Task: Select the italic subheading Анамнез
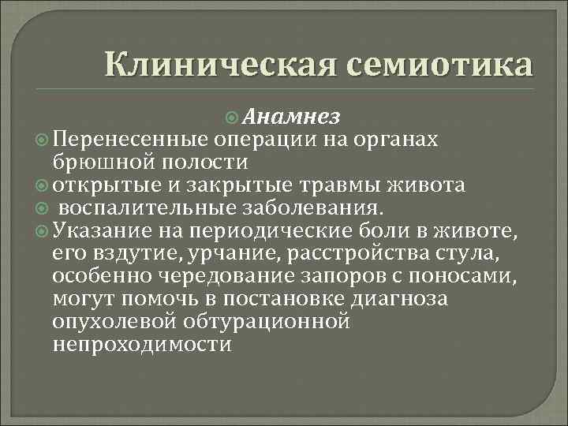coord(291,118)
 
